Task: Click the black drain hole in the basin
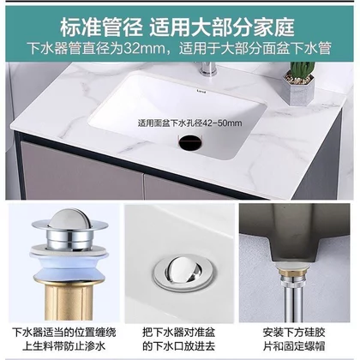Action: pos(190,141)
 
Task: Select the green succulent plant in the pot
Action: pos(302,70)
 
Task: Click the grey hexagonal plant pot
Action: pos(299,90)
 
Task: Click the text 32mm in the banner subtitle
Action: pos(146,49)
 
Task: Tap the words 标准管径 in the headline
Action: pos(101,27)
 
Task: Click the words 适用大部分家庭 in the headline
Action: pos(222,27)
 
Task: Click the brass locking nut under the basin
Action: pos(292,270)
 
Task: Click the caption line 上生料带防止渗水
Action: pos(64,346)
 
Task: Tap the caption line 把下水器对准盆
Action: pos(179,333)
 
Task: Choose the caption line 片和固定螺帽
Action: pos(294,346)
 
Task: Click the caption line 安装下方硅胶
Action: pos(294,333)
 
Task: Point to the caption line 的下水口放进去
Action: pos(179,346)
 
